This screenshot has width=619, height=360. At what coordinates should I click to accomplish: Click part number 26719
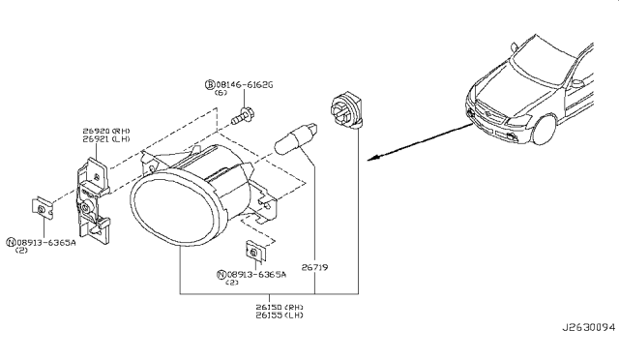click(314, 267)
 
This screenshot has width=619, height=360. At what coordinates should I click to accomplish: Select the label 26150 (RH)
click(280, 307)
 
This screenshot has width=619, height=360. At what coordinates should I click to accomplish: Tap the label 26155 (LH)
click(280, 315)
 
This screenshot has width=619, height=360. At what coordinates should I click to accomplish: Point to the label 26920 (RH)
click(106, 131)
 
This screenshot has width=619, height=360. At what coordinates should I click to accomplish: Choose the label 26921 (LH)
click(106, 139)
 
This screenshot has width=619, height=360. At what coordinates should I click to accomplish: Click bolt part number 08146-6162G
click(245, 84)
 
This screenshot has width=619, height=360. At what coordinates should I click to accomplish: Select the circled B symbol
click(210, 84)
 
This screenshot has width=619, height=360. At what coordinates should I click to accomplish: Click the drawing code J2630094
click(589, 328)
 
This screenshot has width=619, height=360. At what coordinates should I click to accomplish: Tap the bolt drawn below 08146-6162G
click(243, 115)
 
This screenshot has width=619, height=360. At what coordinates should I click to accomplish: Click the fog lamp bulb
click(296, 138)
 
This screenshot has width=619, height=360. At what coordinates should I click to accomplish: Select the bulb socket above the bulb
click(346, 110)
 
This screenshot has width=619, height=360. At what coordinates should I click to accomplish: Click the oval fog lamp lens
click(172, 207)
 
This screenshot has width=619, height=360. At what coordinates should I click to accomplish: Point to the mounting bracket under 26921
click(93, 200)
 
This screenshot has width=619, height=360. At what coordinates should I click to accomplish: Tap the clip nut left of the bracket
click(43, 207)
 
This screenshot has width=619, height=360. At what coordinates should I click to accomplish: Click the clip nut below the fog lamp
click(255, 251)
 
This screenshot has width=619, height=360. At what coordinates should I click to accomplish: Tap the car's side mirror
click(578, 83)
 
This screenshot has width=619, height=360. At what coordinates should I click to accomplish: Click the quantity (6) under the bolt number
click(221, 93)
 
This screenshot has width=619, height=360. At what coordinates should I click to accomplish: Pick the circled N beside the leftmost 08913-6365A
click(11, 242)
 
